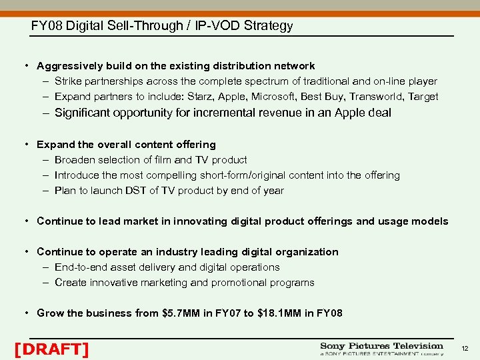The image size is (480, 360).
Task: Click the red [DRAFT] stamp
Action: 51,349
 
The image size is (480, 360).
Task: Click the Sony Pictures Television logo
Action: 381,349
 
